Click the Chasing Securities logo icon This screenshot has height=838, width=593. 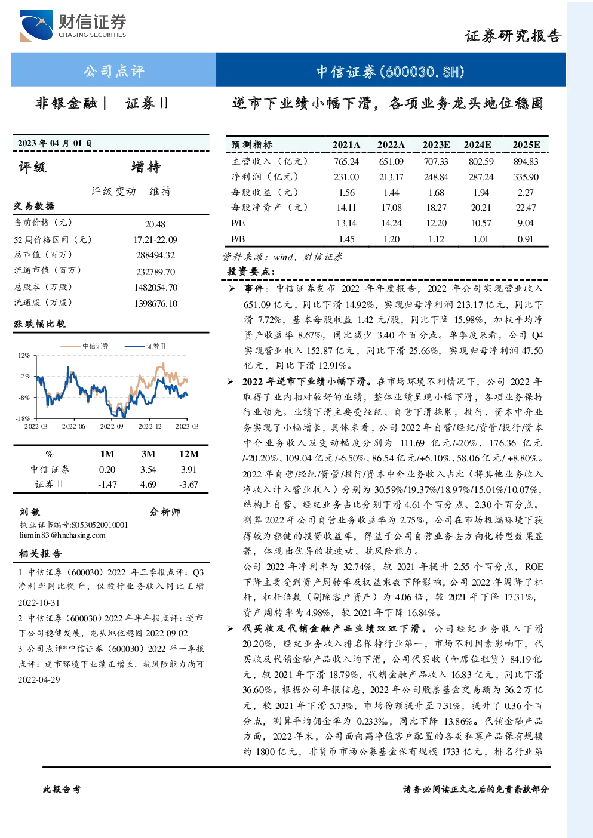tap(36, 26)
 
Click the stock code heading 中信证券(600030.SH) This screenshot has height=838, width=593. tap(390, 71)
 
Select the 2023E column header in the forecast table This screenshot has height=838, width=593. tap(436, 145)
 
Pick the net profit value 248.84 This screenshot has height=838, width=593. tap(436, 177)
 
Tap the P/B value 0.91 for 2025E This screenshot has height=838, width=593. tap(526, 239)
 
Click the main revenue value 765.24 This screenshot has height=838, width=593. tap(346, 162)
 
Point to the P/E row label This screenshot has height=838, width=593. tap(238, 223)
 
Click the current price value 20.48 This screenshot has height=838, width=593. tap(155, 224)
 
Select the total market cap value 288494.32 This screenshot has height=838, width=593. tap(155, 255)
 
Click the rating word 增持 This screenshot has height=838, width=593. tap(146, 167)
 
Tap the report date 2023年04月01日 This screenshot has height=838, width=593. tap(55, 143)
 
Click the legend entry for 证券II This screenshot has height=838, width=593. tap(145, 346)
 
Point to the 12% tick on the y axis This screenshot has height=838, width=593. tap(24, 355)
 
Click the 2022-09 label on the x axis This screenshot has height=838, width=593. tap(112, 426)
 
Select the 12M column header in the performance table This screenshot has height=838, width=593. tap(189, 454)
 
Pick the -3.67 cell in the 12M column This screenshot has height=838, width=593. tap(188, 485)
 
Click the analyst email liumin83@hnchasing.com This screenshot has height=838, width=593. tap(63, 535)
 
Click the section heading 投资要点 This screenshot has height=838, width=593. tap(250, 271)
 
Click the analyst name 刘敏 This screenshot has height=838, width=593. tap(30, 512)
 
